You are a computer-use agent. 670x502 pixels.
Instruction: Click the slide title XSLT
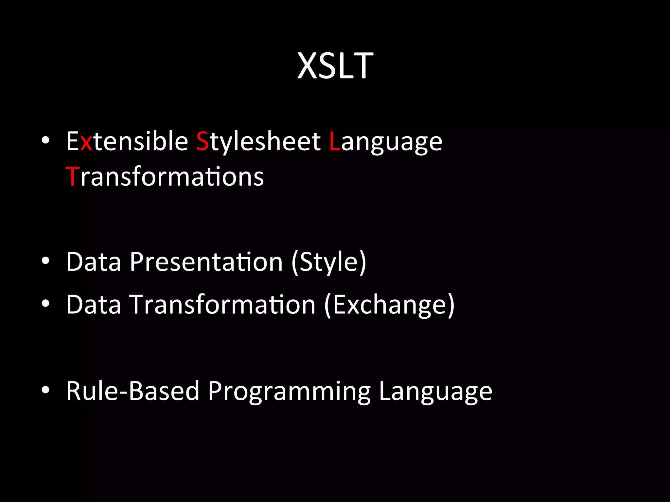(x=335, y=66)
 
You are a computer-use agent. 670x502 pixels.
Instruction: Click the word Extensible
(x=127, y=141)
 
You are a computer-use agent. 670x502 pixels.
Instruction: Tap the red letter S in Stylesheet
(x=202, y=141)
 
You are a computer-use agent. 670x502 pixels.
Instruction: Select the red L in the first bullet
(x=335, y=141)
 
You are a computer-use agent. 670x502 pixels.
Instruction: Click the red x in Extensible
(x=86, y=143)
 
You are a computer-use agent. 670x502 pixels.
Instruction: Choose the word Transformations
(x=165, y=176)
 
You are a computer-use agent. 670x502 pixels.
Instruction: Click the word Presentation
(x=206, y=262)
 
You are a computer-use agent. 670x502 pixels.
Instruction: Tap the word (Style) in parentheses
(x=328, y=262)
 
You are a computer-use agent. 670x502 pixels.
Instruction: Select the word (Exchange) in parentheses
(x=389, y=305)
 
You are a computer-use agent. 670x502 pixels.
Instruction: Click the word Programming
(x=289, y=391)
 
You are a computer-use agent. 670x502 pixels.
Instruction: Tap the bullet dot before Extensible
(x=45, y=141)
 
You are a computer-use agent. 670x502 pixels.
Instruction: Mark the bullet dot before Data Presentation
(x=45, y=261)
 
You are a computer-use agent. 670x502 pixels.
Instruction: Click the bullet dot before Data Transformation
(x=45, y=303)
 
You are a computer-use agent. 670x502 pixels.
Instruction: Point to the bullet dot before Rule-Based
(x=45, y=390)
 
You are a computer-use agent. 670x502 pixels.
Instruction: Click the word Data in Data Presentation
(x=94, y=262)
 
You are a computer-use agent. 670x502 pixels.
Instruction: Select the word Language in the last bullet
(x=435, y=391)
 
